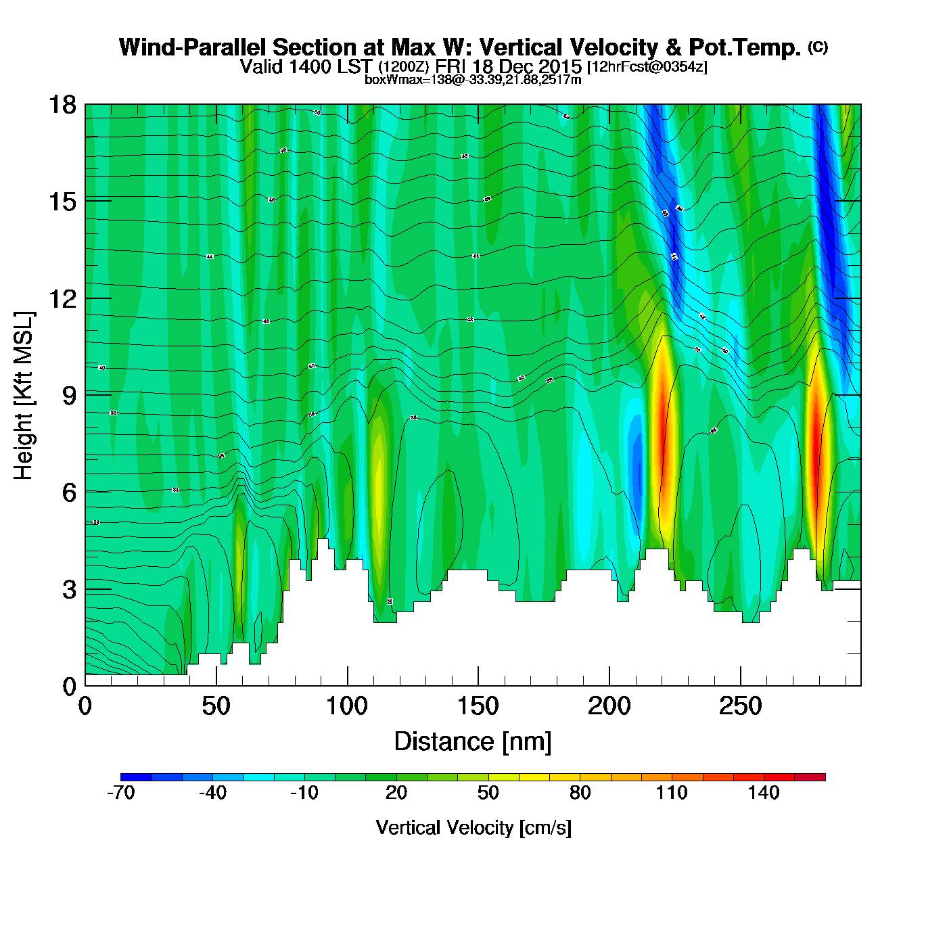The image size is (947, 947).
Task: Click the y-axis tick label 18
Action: click(62, 105)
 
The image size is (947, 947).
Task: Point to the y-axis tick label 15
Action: click(62, 202)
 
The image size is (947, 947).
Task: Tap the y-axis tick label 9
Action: click(69, 396)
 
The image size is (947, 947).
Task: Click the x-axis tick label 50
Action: click(216, 707)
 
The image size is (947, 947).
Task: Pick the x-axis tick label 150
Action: click(478, 707)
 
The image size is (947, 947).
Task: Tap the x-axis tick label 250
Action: click(740, 707)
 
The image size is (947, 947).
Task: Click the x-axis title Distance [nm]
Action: click(473, 741)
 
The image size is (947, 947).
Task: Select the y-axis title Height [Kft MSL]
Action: click(24, 396)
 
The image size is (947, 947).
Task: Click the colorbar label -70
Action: click(121, 793)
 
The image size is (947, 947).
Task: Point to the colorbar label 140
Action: click(764, 793)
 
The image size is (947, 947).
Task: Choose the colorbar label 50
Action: click(488, 793)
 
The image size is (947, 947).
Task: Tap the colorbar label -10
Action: click(304, 793)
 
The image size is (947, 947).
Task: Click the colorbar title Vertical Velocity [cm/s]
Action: click(473, 827)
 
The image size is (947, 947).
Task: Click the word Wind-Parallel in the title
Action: click(192, 47)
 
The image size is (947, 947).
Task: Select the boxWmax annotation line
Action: click(473, 80)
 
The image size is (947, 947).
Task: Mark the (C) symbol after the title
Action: click(818, 47)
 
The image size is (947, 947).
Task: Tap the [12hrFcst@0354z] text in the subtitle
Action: click(647, 67)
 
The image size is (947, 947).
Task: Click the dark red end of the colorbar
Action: click(810, 777)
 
